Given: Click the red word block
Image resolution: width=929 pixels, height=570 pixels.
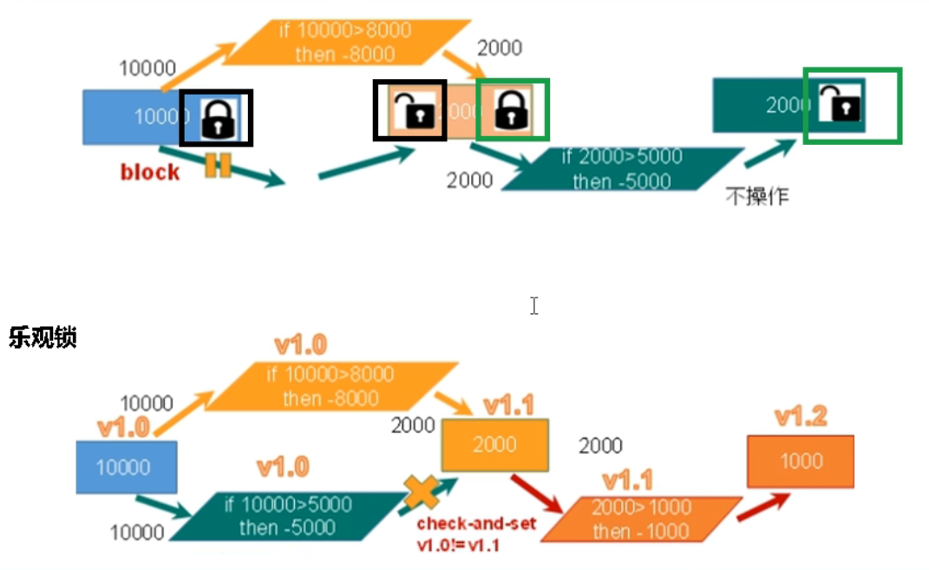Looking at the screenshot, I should (x=150, y=172).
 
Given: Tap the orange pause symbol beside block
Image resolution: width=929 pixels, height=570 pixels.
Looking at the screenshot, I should (x=218, y=166).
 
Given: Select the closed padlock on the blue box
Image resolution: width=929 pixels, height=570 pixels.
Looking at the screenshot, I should (x=217, y=118).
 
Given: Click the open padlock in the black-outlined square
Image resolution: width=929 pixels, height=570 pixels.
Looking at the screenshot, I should (x=410, y=110).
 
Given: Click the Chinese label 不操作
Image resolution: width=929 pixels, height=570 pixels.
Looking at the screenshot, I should (x=757, y=196).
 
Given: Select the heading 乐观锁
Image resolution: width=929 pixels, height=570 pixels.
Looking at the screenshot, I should (x=43, y=337).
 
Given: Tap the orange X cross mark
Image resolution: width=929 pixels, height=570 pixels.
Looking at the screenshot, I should (x=422, y=492).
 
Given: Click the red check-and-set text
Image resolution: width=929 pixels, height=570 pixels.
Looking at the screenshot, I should (x=476, y=524).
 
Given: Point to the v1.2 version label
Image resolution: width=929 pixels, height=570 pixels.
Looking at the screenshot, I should (x=801, y=417).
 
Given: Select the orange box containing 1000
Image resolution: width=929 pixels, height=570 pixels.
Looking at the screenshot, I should (x=800, y=461).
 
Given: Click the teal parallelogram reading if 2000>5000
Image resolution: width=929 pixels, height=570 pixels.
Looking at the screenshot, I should (x=622, y=169).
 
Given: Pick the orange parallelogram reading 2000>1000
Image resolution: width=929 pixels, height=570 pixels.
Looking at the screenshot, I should (x=642, y=519).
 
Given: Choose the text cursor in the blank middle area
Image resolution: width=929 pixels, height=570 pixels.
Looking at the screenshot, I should (x=534, y=305).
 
